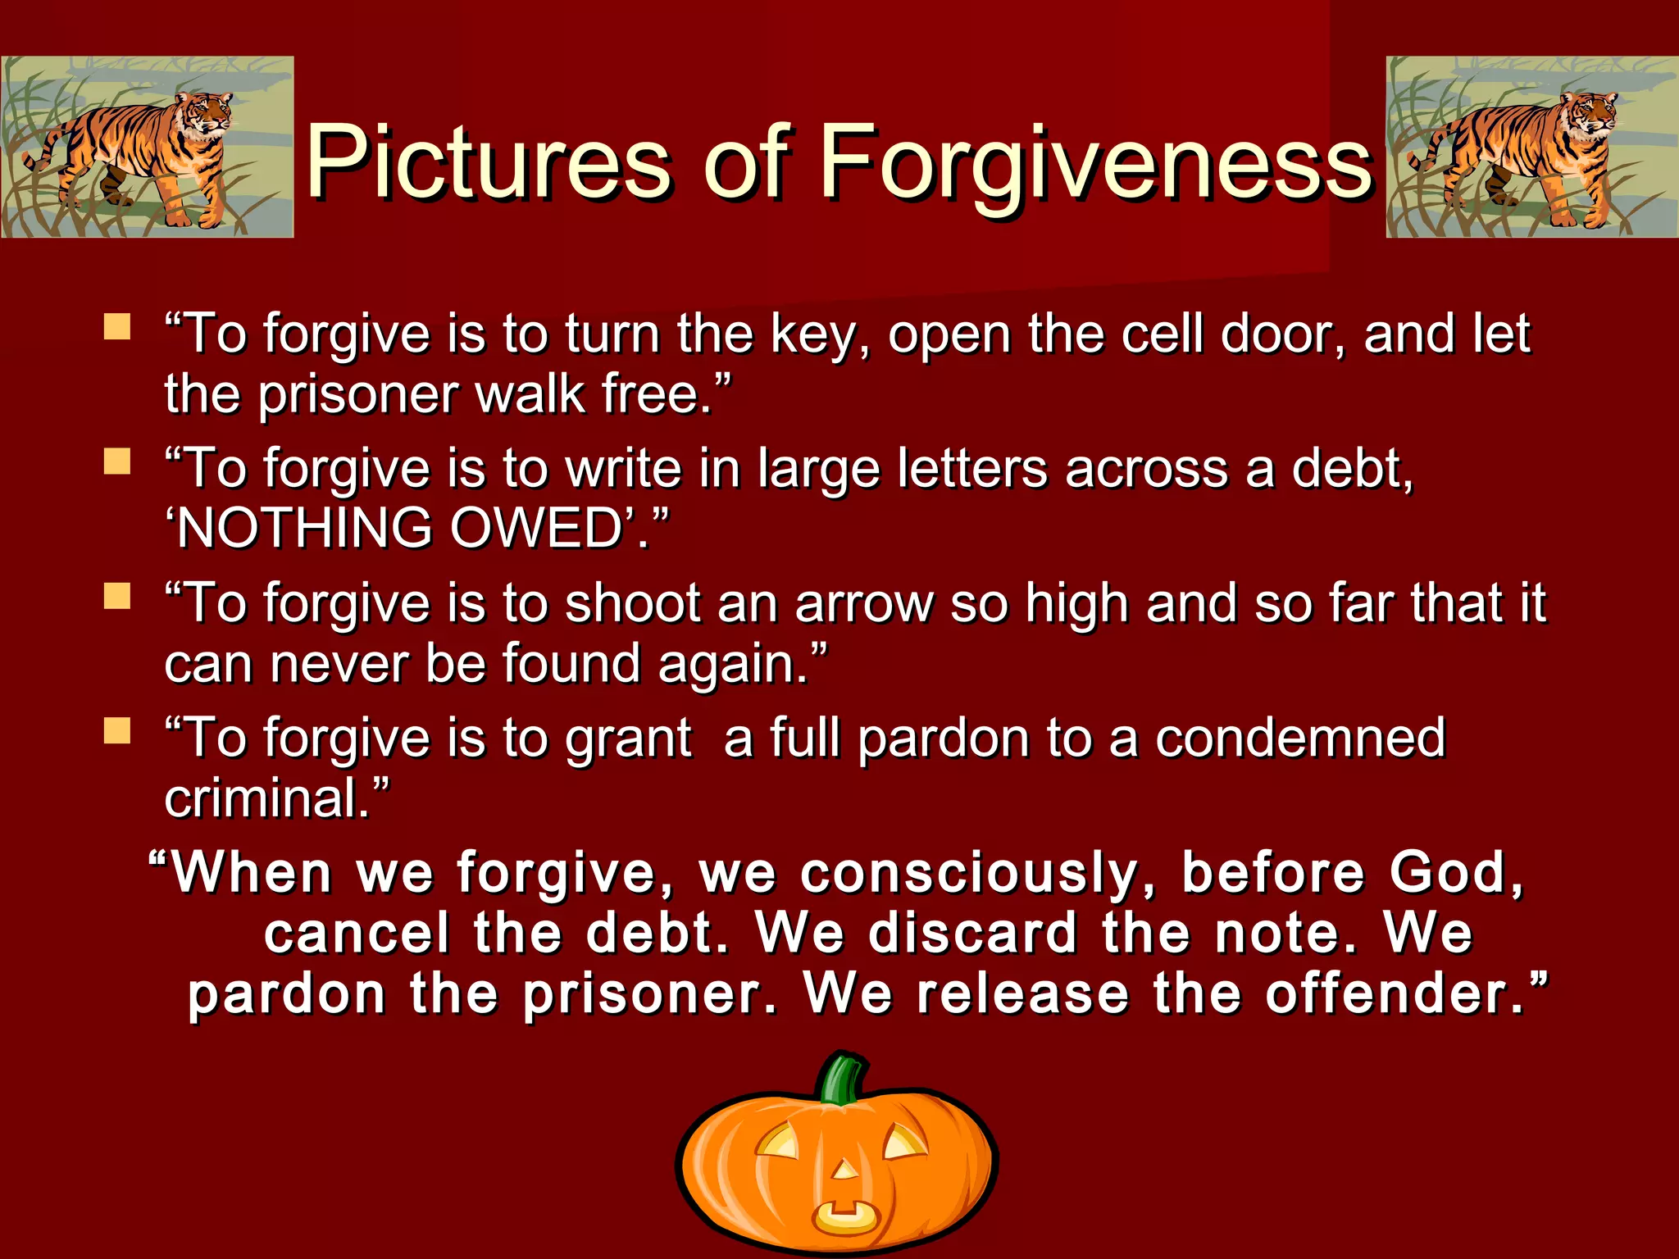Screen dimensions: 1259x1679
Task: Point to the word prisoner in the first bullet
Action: tap(359, 396)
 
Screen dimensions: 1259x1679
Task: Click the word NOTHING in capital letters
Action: tap(305, 528)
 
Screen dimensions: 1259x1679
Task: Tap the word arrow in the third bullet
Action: tap(863, 604)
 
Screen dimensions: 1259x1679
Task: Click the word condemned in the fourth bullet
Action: tap(1300, 738)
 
